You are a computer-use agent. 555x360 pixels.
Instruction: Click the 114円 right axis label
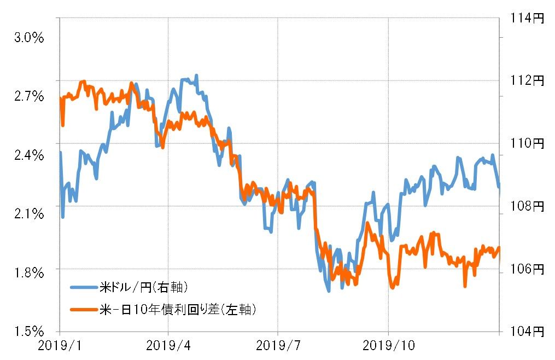pyautogui.click(x=527, y=19)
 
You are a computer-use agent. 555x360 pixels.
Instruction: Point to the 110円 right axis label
pyautogui.click(x=527, y=144)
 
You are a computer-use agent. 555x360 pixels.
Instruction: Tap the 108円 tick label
pyautogui.click(x=527, y=206)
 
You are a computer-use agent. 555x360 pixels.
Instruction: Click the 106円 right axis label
pyautogui.click(x=527, y=269)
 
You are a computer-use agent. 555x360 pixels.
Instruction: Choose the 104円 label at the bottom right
pyautogui.click(x=527, y=331)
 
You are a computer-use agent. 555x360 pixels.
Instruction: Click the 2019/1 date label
pyautogui.click(x=60, y=346)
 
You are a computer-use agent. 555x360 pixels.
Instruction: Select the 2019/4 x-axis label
pyautogui.click(x=169, y=346)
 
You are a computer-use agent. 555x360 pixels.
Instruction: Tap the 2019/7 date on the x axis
pyautogui.click(x=278, y=346)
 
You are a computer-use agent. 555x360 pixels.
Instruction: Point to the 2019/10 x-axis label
pyautogui.click(x=388, y=346)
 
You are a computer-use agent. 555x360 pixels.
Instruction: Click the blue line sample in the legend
pyautogui.click(x=84, y=287)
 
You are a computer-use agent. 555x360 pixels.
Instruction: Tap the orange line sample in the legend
pyautogui.click(x=84, y=310)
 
